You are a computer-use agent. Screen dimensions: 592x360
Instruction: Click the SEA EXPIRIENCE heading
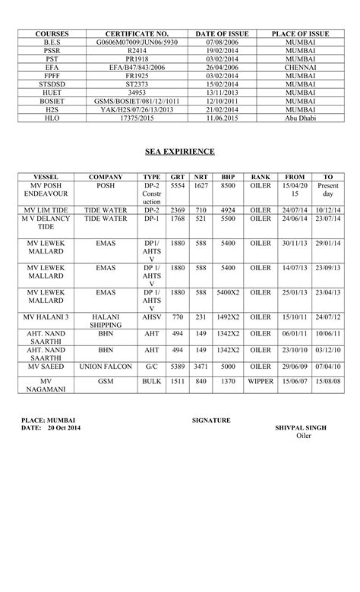pos(180,152)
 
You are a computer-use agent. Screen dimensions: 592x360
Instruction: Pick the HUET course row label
pos(52,93)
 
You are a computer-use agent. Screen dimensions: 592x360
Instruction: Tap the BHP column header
pos(228,177)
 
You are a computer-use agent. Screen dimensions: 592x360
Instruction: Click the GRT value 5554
pos(178,185)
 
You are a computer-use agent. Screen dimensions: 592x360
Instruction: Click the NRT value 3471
pos(201,365)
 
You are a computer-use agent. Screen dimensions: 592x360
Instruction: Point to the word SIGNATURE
pos(212,420)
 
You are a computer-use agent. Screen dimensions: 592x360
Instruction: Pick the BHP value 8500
pos(228,185)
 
